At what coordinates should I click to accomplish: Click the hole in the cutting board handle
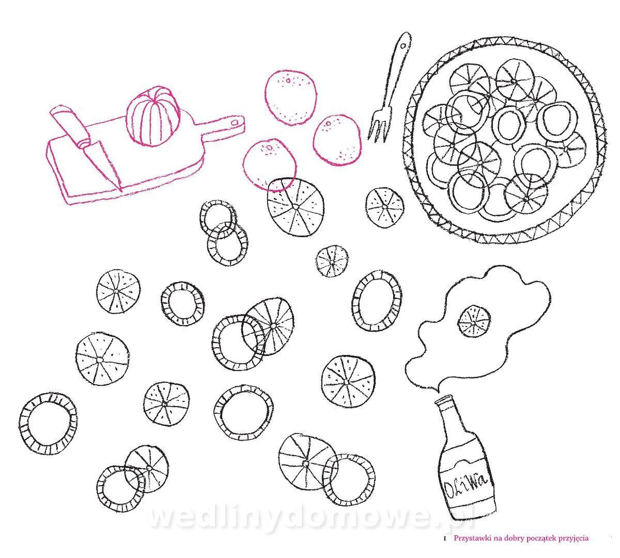click(234, 123)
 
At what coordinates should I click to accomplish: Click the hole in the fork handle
click(402, 47)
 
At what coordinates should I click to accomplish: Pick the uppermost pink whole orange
click(290, 97)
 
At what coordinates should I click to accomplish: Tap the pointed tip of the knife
click(121, 191)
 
